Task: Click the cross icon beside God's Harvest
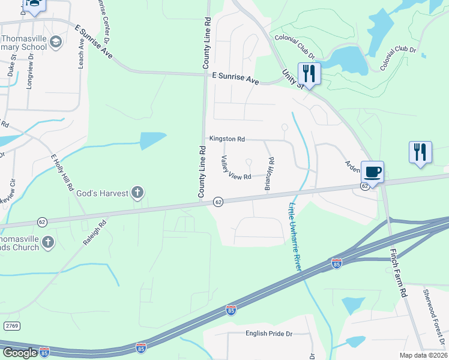(x=137, y=193)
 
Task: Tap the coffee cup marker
(x=372, y=172)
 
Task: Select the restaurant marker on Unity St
(x=309, y=74)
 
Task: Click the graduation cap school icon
(x=55, y=41)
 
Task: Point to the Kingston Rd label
(x=227, y=139)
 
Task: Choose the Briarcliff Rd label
(x=271, y=174)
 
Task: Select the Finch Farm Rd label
(x=400, y=273)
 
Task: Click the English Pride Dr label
(x=268, y=334)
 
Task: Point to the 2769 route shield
(x=10, y=325)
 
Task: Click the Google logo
(x=20, y=353)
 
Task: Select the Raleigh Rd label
(x=94, y=233)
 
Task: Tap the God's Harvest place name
(x=102, y=193)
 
